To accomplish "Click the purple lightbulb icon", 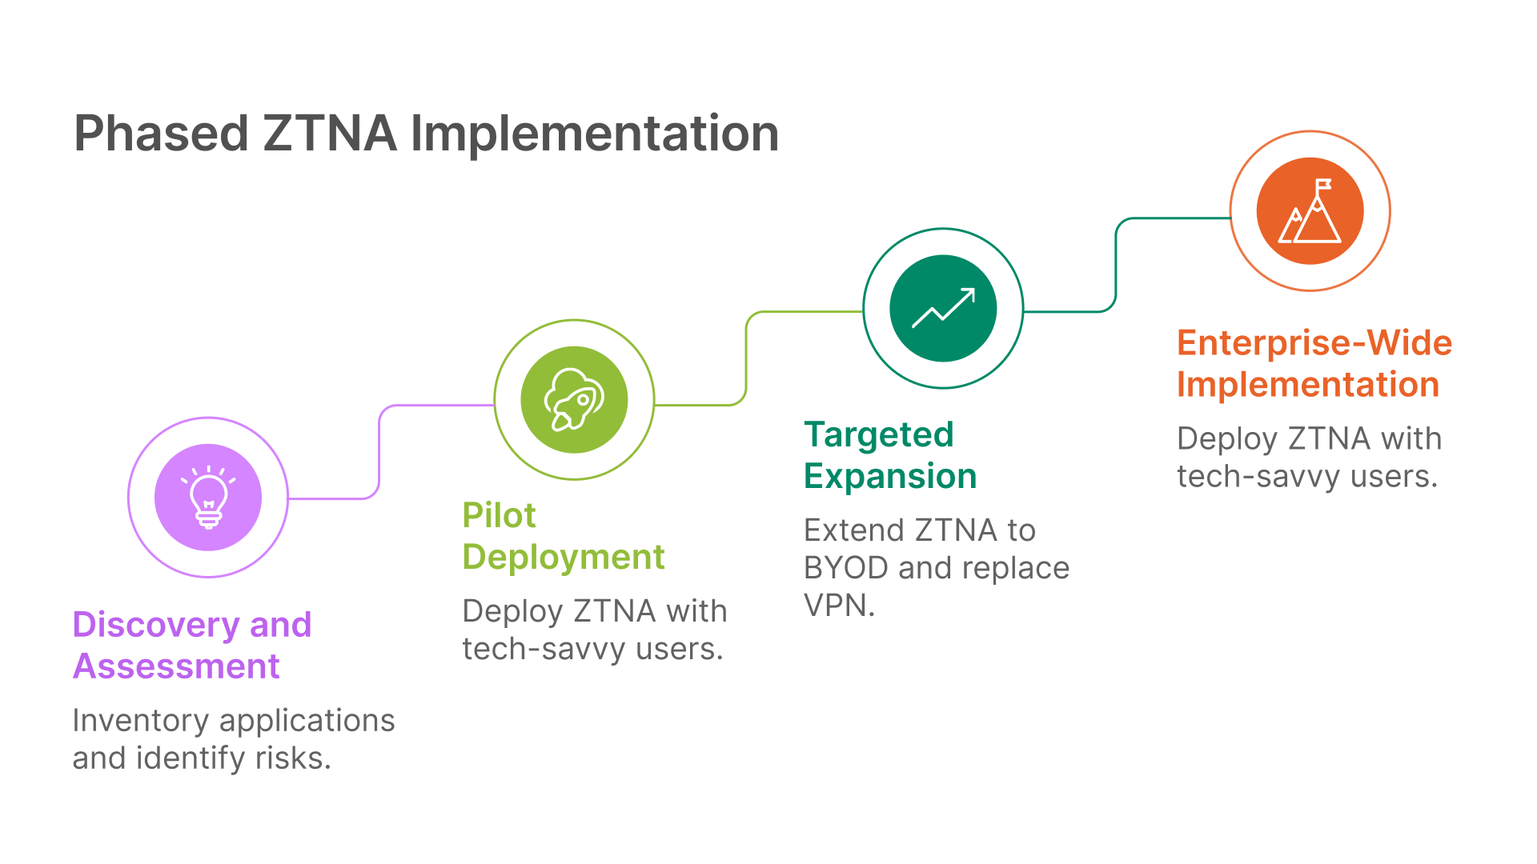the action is pyautogui.click(x=208, y=497).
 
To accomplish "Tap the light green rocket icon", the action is pyautogui.click(x=574, y=400).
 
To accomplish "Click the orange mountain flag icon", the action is pyautogui.click(x=1310, y=211).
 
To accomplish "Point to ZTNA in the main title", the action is pyautogui.click(x=330, y=133).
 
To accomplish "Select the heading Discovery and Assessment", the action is pyautogui.click(x=192, y=645).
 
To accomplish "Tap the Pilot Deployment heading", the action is pyautogui.click(x=564, y=536).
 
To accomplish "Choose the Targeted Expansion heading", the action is pyautogui.click(x=890, y=455).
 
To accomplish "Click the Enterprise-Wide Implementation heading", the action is pyautogui.click(x=1314, y=363).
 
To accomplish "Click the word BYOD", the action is pyautogui.click(x=846, y=568).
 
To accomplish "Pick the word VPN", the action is pyautogui.click(x=839, y=606).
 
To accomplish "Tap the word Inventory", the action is pyautogui.click(x=141, y=721).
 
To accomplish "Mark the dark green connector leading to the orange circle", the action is pyautogui.click(x=1116, y=265).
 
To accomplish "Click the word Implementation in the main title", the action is pyautogui.click(x=595, y=134).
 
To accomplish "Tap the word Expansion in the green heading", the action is pyautogui.click(x=890, y=477).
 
